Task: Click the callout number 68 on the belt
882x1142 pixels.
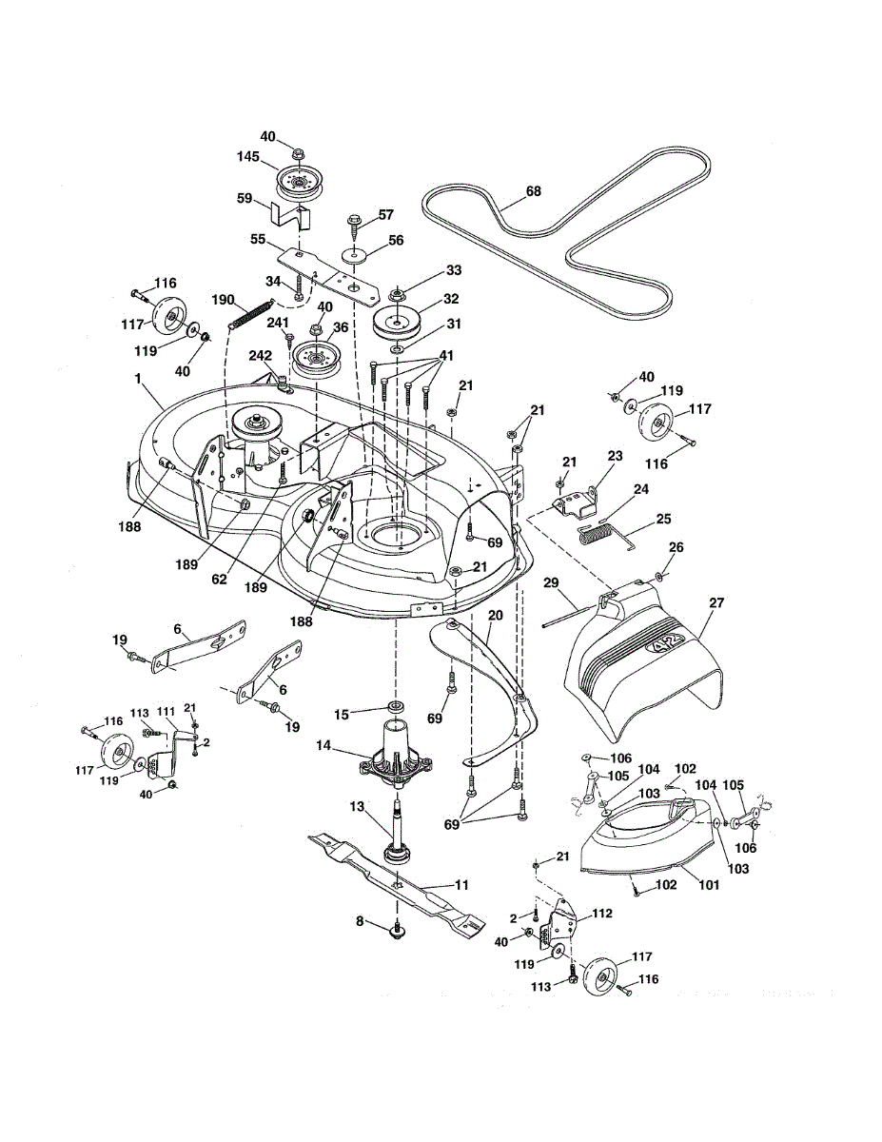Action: point(533,191)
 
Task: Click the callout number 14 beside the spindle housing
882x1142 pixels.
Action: point(324,747)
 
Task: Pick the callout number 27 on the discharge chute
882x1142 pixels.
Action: point(716,602)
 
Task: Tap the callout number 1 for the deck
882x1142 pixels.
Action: point(139,380)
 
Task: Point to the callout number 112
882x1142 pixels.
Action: point(601,913)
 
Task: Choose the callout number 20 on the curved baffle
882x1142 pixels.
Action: point(495,617)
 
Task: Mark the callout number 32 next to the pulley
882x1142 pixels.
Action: point(453,298)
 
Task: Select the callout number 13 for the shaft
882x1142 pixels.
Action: point(357,806)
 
